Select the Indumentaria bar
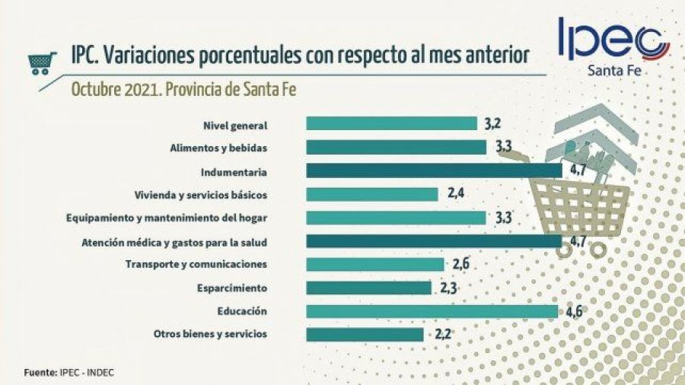point(434,170)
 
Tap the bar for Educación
point(432,311)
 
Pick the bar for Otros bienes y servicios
point(365,334)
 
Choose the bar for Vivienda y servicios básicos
point(372,194)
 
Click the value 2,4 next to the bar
point(456,194)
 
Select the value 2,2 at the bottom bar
point(441,334)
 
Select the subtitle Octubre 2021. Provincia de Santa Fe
point(183,88)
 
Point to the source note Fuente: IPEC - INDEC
point(69,373)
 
